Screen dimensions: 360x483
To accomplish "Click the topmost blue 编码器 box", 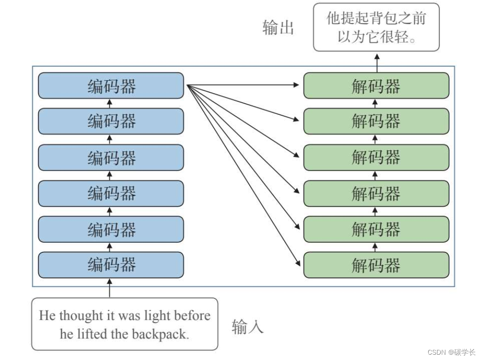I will point(111,86).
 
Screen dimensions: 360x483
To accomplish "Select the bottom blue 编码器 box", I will point(111,265).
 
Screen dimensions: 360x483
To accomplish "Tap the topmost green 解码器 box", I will point(376,86).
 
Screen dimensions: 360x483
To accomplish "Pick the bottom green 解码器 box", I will point(376,265).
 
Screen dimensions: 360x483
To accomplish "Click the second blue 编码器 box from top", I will point(111,121).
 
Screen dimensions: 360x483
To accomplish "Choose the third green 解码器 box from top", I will point(376,157).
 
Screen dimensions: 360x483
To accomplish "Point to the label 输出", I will point(278,27).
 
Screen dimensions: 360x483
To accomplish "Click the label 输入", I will point(248,327).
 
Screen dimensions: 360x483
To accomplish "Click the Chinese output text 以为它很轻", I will point(376,37).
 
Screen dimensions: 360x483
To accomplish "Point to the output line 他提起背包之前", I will point(376,18).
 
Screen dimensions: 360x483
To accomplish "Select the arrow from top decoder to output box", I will point(376,62).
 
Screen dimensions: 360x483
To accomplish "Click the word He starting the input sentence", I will point(47,316).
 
